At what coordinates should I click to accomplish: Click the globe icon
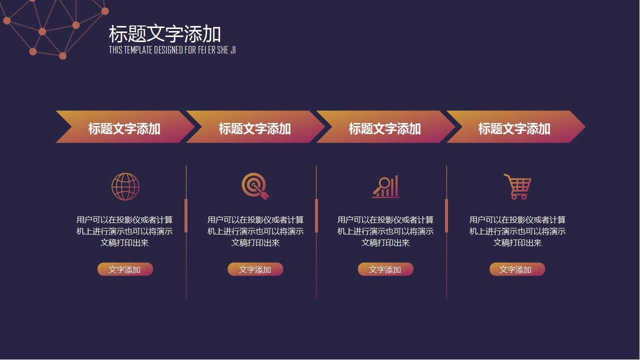(x=125, y=186)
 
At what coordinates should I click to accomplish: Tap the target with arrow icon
(x=255, y=186)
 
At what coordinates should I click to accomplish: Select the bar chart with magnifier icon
(x=385, y=186)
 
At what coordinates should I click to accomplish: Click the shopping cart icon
(x=517, y=186)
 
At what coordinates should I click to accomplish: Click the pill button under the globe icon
(x=125, y=269)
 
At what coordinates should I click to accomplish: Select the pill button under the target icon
(x=255, y=269)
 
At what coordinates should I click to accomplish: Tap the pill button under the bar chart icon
(x=385, y=269)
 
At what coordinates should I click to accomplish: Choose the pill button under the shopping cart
(x=517, y=269)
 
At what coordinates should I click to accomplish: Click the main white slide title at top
(x=165, y=34)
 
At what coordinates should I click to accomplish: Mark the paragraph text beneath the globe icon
(x=124, y=231)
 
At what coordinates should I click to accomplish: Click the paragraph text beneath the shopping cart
(x=517, y=231)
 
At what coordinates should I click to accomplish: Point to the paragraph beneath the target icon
(x=255, y=231)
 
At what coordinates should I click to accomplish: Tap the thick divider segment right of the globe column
(x=186, y=215)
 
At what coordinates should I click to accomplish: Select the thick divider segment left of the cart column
(x=446, y=215)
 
